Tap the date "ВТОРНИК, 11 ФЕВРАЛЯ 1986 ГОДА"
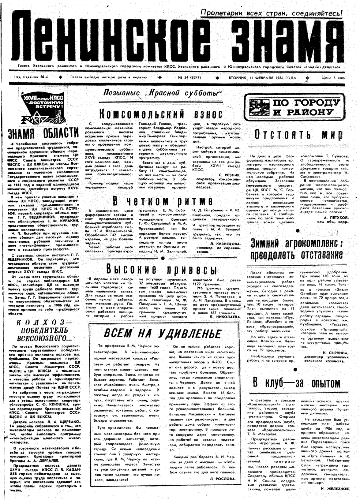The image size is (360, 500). (x=262, y=78)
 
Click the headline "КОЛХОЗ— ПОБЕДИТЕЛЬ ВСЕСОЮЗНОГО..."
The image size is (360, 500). (x=45, y=331)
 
